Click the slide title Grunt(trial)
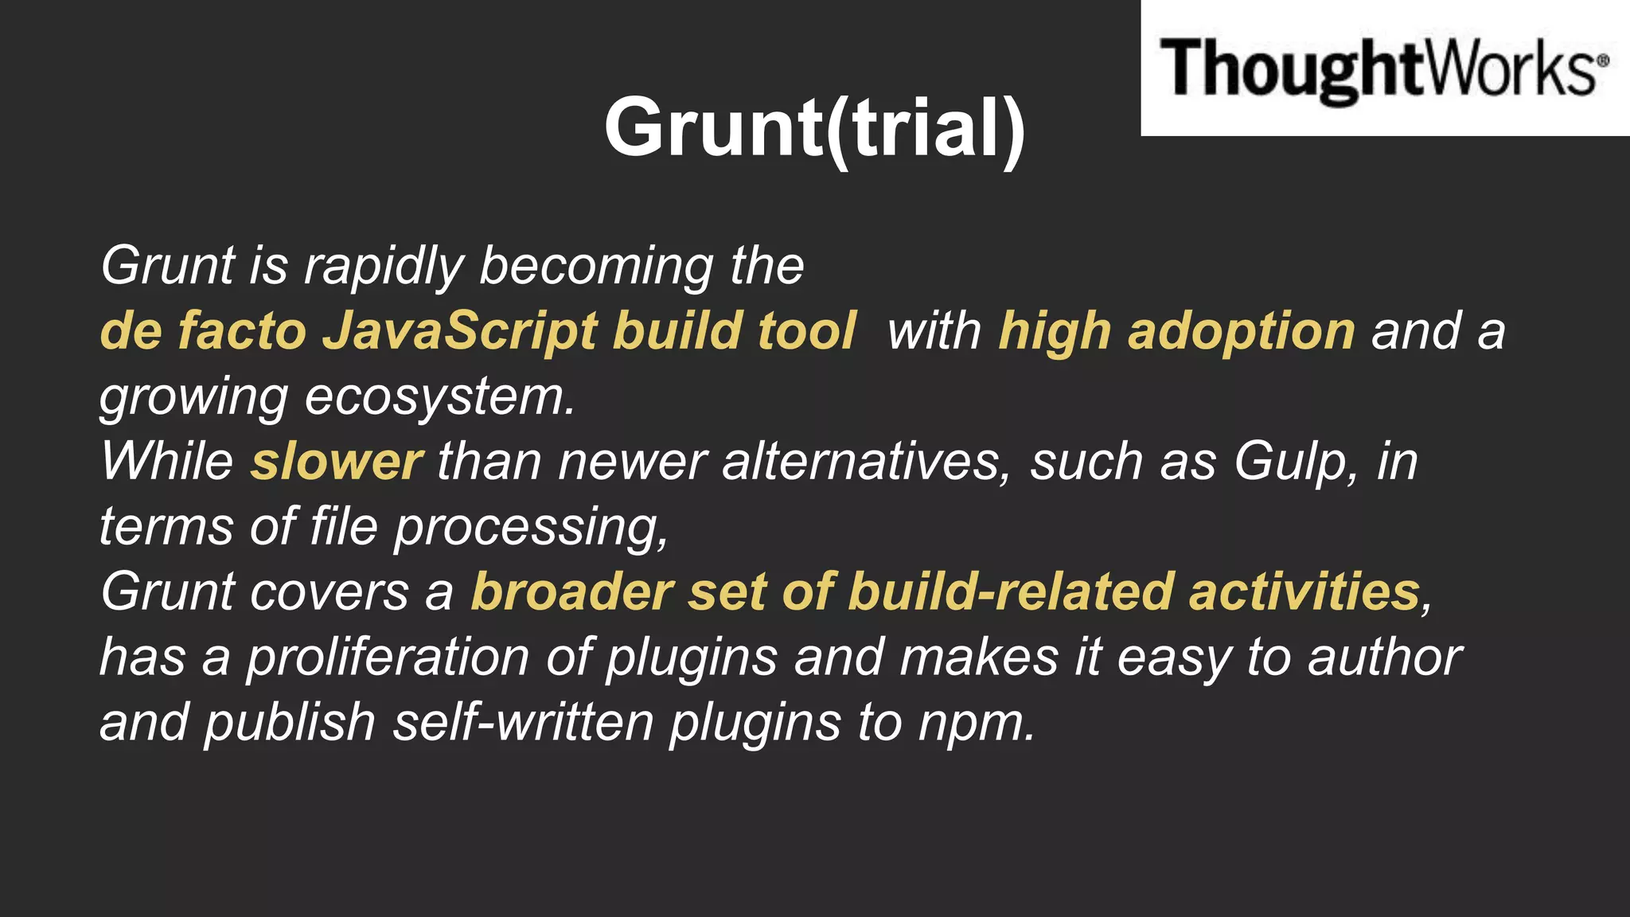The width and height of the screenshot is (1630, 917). (814, 127)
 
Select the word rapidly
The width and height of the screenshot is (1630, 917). (384, 266)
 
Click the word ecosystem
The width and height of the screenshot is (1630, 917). (439, 396)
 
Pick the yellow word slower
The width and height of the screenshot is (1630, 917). (337, 462)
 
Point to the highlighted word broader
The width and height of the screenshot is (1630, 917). (572, 592)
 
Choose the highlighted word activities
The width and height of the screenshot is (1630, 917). (1304, 592)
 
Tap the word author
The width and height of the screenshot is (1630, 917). (1384, 658)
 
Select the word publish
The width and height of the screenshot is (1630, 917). (290, 723)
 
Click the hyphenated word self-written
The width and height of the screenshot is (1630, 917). (524, 723)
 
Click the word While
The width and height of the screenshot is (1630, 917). (167, 462)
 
